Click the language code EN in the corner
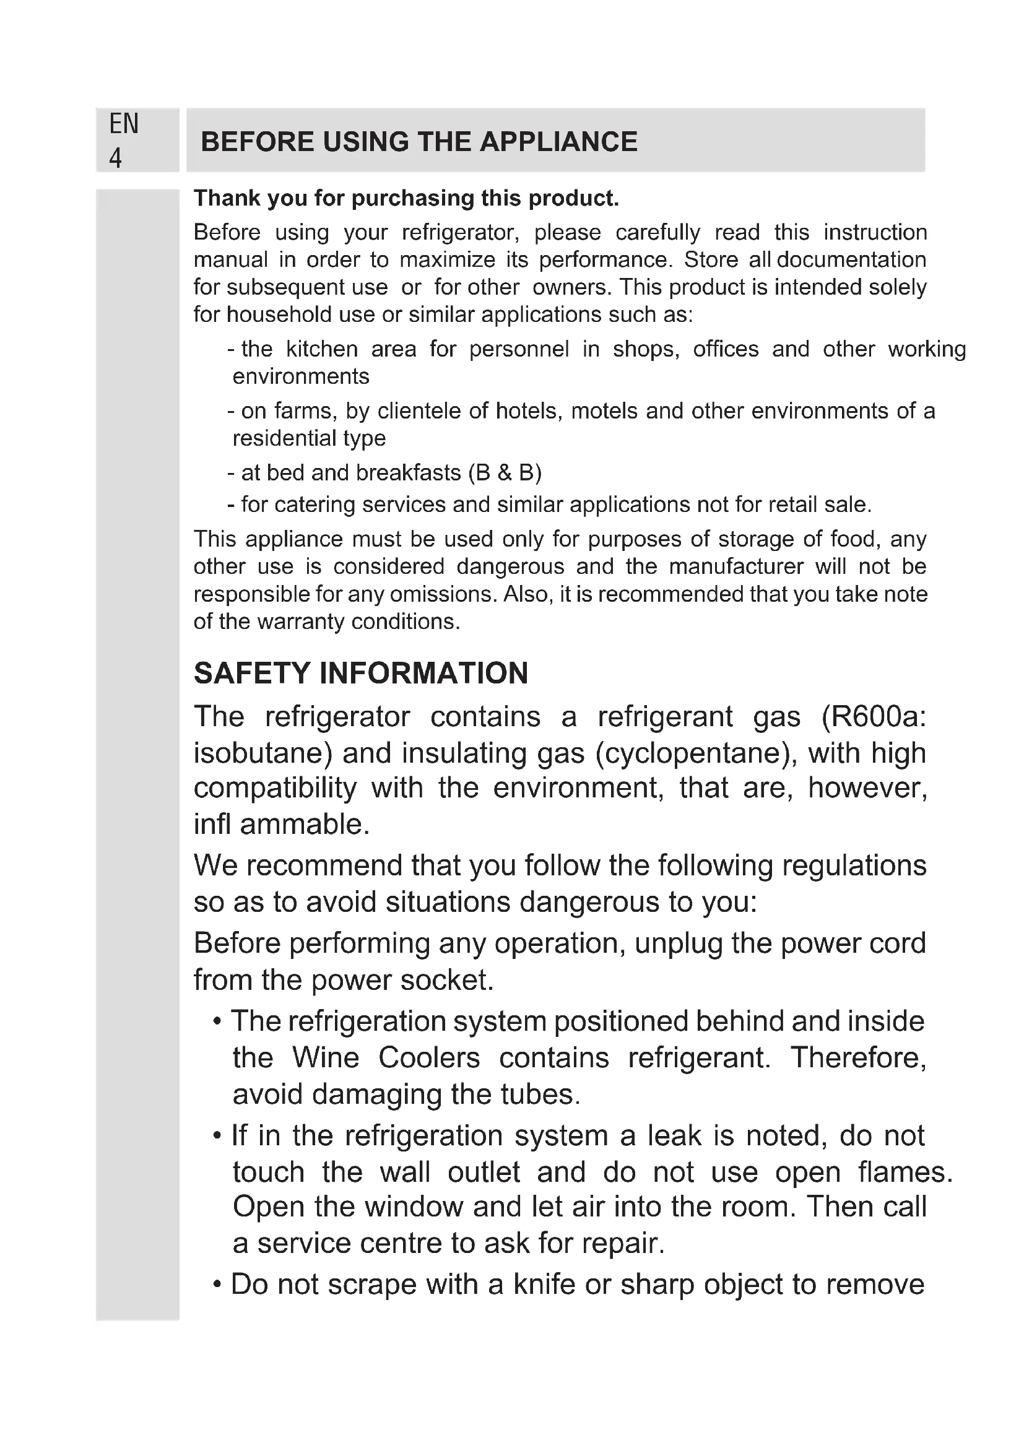(x=124, y=124)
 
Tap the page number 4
(x=115, y=158)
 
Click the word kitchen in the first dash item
(x=321, y=349)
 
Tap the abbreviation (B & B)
(x=505, y=473)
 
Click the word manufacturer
(x=736, y=566)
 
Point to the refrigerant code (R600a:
(x=874, y=717)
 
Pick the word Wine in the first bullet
(x=326, y=1058)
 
